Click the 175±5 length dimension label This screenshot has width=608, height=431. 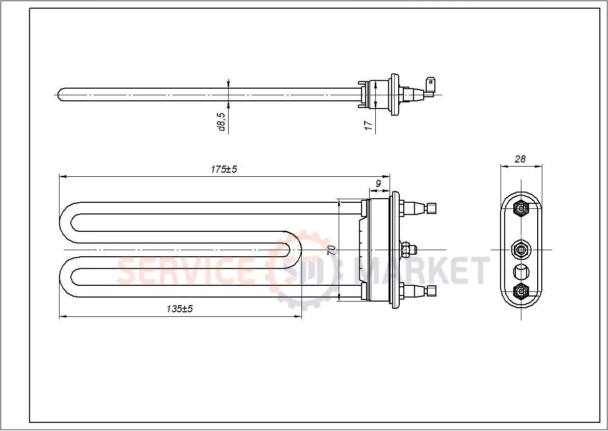pos(224,169)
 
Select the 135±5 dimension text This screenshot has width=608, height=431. pos(179,309)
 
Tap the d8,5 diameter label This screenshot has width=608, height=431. pos(222,122)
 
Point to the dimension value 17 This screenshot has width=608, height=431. pos(368,124)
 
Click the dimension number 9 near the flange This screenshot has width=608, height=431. pos(378,183)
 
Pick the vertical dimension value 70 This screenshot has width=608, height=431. pos(331,250)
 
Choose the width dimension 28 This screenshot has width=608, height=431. pos(520,159)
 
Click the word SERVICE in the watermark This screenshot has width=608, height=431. pos(186,271)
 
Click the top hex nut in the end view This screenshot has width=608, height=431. pos(521,208)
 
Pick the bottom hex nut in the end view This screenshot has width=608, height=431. pos(521,291)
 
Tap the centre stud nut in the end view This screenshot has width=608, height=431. pos(520,249)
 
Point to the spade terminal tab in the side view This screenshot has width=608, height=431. pos(431,86)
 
